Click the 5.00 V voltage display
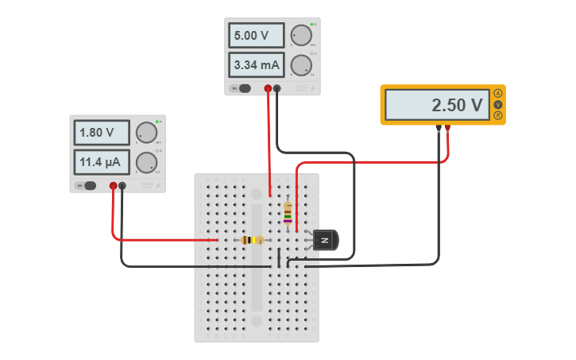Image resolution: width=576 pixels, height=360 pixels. pos(258,36)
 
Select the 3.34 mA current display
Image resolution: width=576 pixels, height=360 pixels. pos(258,64)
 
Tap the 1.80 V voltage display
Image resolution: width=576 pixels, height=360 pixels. pos(103,133)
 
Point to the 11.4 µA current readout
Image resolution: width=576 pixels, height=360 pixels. pos(103,162)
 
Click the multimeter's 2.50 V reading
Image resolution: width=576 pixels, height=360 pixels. pos(437,105)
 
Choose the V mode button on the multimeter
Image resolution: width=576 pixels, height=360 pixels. pos(498,104)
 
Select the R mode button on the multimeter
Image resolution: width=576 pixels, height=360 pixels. pos(498,115)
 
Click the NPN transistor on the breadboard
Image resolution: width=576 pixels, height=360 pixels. pos(325,240)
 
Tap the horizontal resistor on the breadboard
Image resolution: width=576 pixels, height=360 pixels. pos(253,240)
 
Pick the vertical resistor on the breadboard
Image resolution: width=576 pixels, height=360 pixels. pos(288,213)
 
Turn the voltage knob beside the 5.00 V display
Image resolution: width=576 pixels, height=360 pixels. pos(301,36)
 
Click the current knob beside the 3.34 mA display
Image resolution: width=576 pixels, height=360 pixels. pos(301,64)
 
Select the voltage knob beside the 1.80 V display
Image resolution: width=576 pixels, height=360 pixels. pos(146,133)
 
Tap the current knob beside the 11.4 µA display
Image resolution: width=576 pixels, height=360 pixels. pos(146,162)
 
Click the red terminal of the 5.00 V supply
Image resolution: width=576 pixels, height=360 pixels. pos(269,88)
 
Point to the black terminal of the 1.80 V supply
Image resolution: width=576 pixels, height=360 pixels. pos(122,186)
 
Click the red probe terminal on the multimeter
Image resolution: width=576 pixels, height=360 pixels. pos(448,127)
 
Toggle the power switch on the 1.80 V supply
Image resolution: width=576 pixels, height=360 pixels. pos(88,186)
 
